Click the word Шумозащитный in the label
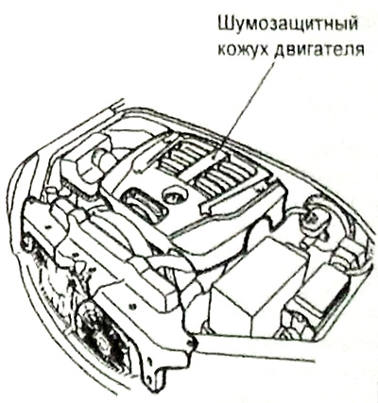pos(288,25)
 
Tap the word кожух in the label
pos(243,49)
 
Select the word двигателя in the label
pos(319,50)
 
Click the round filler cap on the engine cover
pos(174,194)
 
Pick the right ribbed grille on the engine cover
pos(225,177)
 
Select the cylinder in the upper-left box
pos(101,157)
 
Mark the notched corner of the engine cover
pos(273,221)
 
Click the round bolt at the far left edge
pos(27,243)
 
